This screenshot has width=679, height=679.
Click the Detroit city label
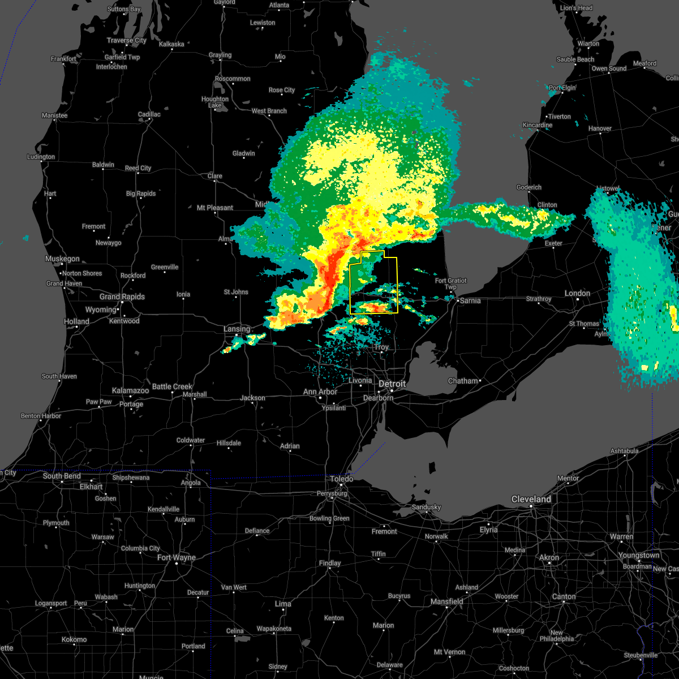pyautogui.click(x=392, y=384)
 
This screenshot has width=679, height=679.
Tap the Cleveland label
pyautogui.click(x=531, y=499)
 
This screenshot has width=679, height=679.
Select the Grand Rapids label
pyautogui.click(x=122, y=296)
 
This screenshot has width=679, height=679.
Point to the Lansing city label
pyautogui.click(x=237, y=329)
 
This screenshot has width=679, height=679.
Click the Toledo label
pyautogui.click(x=342, y=479)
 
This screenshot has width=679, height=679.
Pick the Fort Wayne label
pyautogui.click(x=177, y=557)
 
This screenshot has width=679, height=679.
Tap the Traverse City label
pyautogui.click(x=127, y=40)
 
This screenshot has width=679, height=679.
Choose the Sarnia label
pyautogui.click(x=470, y=300)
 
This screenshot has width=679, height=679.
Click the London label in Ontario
pyautogui.click(x=577, y=293)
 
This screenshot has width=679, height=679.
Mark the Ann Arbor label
pyautogui.click(x=320, y=392)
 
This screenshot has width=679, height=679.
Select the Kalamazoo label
pyautogui.click(x=130, y=390)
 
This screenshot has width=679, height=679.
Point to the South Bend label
pyautogui.click(x=62, y=476)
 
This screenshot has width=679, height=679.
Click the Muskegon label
pyautogui.click(x=62, y=259)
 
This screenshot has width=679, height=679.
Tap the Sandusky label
pyautogui.click(x=426, y=507)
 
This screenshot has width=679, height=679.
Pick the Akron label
pyautogui.click(x=549, y=557)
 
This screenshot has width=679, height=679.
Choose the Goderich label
pyautogui.click(x=529, y=187)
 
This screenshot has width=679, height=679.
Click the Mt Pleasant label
pyautogui.click(x=215, y=208)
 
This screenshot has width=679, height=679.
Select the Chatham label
pyautogui.click(x=463, y=381)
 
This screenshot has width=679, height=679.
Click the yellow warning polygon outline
pyautogui.click(x=397, y=283)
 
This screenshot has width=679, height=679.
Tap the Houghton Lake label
pyautogui.click(x=215, y=102)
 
